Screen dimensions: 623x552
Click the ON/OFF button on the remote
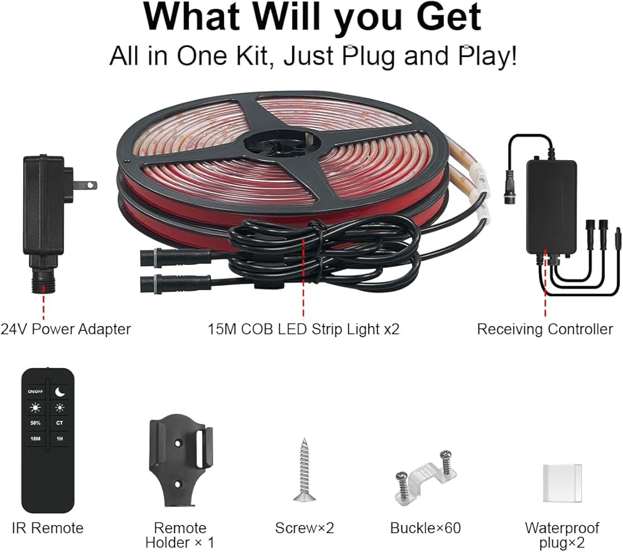click(35, 391)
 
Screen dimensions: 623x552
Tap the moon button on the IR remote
click(60, 391)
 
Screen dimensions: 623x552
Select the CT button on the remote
click(60, 423)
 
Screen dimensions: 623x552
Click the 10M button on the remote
click(35, 439)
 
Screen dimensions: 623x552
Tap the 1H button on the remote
click(60, 439)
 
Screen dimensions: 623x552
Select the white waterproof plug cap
click(562, 484)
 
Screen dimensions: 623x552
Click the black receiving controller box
click(551, 206)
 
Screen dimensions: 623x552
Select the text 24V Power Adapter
click(65, 329)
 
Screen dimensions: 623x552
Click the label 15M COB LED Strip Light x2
click(303, 329)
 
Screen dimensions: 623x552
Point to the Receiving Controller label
click(545, 329)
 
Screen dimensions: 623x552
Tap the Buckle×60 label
click(425, 528)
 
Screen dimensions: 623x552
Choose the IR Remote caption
click(48, 528)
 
